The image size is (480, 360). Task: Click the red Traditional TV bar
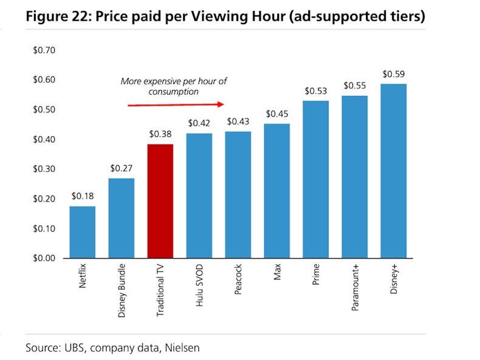pos(160,200)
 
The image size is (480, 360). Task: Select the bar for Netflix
pos(83,232)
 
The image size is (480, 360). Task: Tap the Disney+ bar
pos(393,171)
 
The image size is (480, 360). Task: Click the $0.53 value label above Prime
pos(315,91)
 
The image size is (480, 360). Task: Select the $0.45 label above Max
pos(276,114)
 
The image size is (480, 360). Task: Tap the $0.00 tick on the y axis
pos(44,258)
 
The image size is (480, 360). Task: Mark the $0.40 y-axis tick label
pos(44,139)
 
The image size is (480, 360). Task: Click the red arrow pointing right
pos(176,104)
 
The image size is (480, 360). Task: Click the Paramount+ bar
pos(354,177)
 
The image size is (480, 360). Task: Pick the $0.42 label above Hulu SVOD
pos(199,124)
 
